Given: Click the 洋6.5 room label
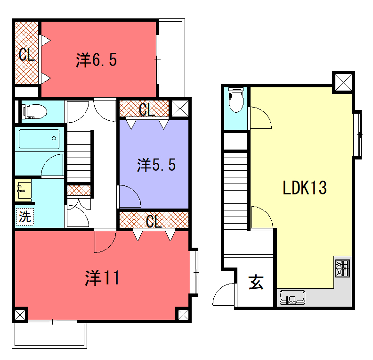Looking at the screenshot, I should [x=96, y=59].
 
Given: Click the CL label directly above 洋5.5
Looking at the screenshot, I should [x=146, y=109].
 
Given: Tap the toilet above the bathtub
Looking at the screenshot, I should [x=32, y=110].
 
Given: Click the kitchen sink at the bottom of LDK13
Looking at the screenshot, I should [x=293, y=297].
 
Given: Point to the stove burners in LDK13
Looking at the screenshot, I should [x=343, y=268].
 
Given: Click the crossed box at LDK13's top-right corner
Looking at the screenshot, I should [x=342, y=81].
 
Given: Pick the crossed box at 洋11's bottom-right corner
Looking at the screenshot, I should [x=180, y=313].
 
